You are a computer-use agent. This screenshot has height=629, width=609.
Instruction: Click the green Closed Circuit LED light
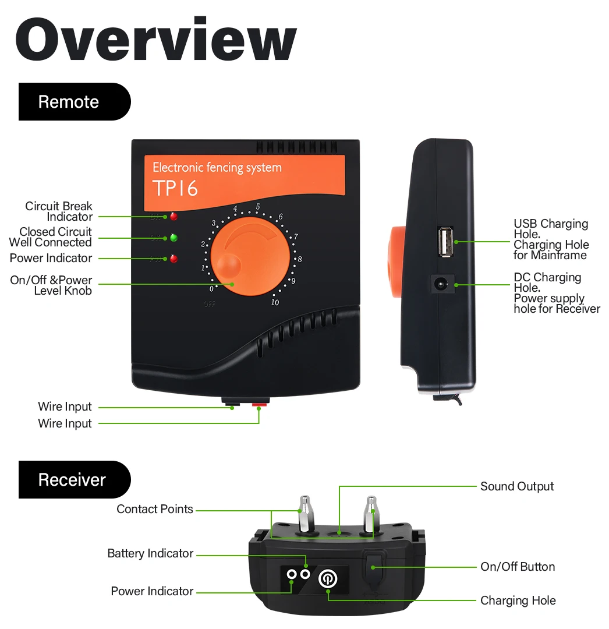pyautogui.click(x=173, y=238)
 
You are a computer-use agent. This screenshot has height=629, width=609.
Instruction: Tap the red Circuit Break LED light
pyautogui.click(x=173, y=217)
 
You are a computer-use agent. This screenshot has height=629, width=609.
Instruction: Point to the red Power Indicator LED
pyautogui.click(x=173, y=259)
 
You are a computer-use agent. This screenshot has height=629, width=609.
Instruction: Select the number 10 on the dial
pyautogui.click(x=275, y=302)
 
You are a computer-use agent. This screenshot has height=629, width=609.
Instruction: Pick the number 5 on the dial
pyautogui.click(x=257, y=206)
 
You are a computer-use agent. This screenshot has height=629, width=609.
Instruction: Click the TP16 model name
pyautogui.click(x=175, y=189)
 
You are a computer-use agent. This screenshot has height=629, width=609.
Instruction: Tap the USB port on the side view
pyautogui.click(x=446, y=241)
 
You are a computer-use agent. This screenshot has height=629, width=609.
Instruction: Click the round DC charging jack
pyautogui.click(x=442, y=285)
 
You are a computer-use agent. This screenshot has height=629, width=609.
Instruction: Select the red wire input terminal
pyautogui.click(x=259, y=403)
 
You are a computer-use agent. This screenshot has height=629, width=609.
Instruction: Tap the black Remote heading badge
pyautogui.click(x=75, y=102)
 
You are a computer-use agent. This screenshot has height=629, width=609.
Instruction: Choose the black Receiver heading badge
pyautogui.click(x=75, y=480)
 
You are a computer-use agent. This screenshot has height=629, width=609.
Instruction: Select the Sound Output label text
pyautogui.click(x=517, y=486)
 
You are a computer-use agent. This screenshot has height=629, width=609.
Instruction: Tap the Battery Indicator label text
pyautogui.click(x=150, y=553)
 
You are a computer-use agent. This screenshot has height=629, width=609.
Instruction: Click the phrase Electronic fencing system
pyautogui.click(x=217, y=168)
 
